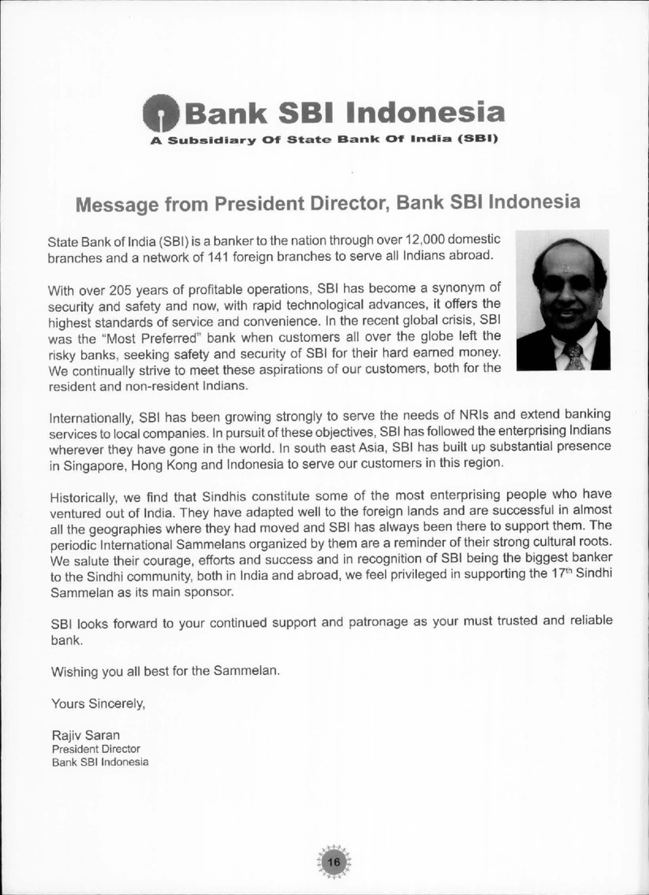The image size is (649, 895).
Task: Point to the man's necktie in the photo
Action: point(574,354)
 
